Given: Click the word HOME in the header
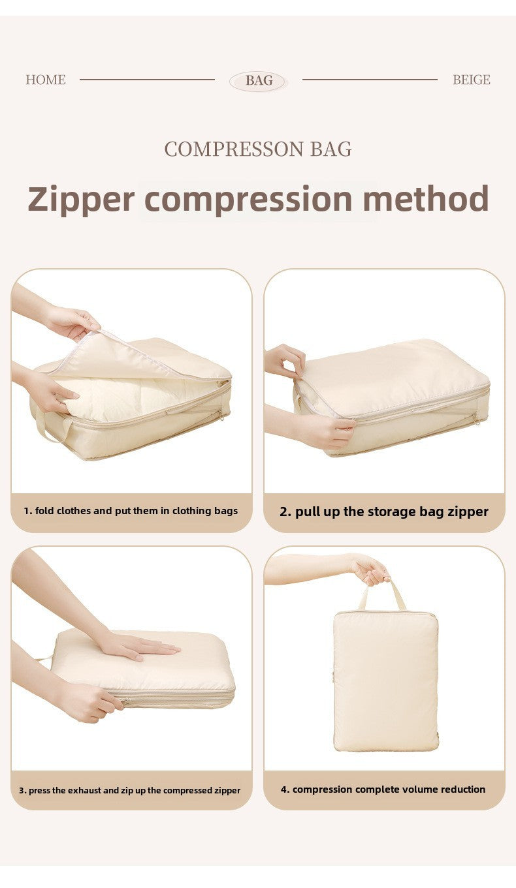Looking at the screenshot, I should coord(46,80).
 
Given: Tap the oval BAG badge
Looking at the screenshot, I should coord(259,81).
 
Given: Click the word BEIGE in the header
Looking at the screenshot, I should coord(471,80).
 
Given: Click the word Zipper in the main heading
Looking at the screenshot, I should coord(81,199).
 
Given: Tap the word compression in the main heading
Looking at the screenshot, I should coord(248,199).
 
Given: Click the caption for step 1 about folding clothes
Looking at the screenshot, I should coord(131,511).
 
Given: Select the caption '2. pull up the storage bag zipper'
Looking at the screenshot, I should coord(384,512).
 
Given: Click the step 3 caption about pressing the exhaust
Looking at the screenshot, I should coord(129,790).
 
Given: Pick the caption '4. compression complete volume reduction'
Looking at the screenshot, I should coord(383,789).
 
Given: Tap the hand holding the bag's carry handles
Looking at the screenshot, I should coord(371,569).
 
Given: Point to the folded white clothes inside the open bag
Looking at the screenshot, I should coord(131,398).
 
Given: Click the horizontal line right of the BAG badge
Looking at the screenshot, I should coord(370,80).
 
